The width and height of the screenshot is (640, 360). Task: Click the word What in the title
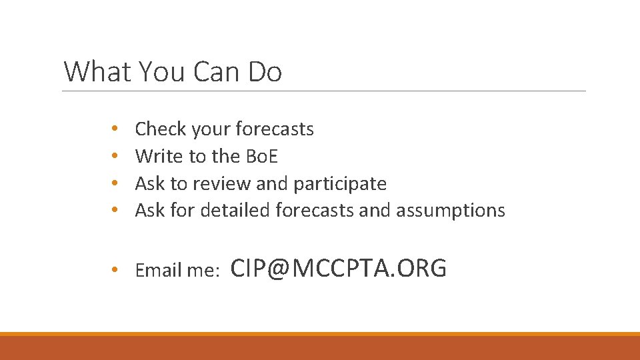click(x=98, y=71)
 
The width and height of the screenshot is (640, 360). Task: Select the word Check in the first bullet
click(x=161, y=129)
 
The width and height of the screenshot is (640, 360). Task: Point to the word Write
click(x=159, y=156)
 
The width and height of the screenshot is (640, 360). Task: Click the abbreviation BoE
click(x=261, y=156)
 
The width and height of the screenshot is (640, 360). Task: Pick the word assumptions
click(x=451, y=211)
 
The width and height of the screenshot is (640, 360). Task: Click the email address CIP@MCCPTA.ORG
click(x=338, y=268)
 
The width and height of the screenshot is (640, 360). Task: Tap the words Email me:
click(x=177, y=270)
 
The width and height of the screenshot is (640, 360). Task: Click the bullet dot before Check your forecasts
click(x=115, y=129)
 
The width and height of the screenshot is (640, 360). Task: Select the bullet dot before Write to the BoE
click(x=115, y=156)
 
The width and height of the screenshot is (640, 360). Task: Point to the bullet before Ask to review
click(x=115, y=183)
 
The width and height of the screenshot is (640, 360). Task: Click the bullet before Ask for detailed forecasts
click(x=115, y=211)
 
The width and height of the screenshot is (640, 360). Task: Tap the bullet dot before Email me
click(x=115, y=270)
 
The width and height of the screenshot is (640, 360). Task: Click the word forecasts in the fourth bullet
click(x=314, y=211)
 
